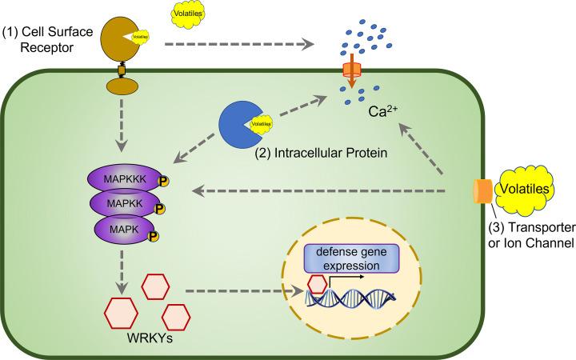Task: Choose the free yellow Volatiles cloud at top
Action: [x=190, y=14]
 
